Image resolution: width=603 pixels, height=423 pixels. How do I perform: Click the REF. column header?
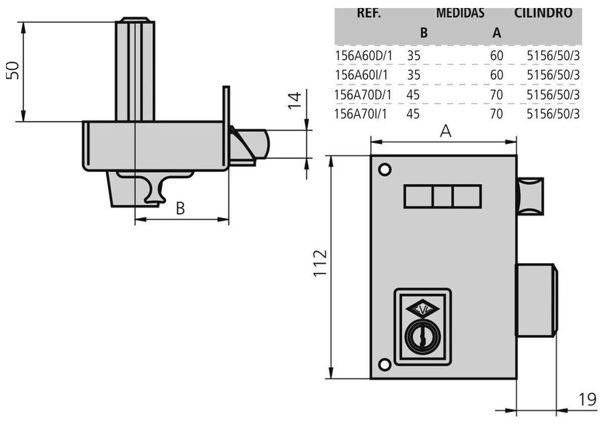pos(369,12)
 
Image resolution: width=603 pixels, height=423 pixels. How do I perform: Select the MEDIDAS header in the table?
pos(460,12)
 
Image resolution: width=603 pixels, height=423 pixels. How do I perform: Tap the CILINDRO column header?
pos(543,12)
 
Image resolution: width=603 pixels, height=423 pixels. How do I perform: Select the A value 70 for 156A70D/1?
pos(496,95)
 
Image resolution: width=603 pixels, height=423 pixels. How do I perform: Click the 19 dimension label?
pos(587,400)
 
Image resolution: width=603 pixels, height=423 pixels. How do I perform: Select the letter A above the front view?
pos(445,133)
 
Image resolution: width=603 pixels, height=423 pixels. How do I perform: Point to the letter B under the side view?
pos(180,209)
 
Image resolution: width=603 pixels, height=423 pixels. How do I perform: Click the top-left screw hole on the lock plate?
pos(385,169)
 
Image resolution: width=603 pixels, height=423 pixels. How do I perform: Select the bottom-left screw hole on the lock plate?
pos(385,364)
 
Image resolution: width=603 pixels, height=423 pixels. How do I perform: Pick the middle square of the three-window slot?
pos(442,197)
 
